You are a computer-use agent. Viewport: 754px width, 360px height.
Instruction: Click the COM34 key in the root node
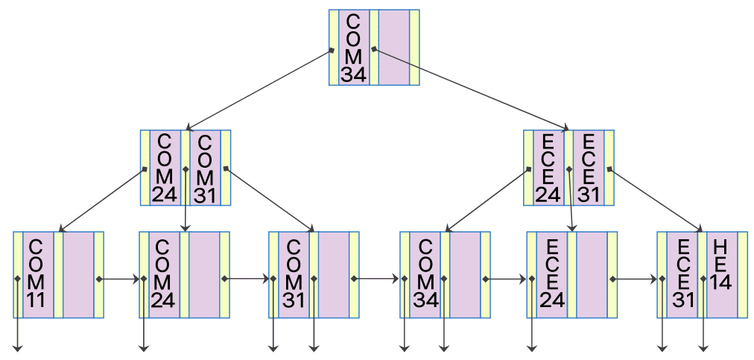pos(353,47)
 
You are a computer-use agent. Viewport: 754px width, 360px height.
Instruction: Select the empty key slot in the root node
pos(393,47)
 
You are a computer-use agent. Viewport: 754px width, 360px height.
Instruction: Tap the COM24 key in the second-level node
pos(165,168)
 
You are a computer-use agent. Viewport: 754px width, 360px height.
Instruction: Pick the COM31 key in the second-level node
pos(205,168)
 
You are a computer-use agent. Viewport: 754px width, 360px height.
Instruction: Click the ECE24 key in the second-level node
pos(548,168)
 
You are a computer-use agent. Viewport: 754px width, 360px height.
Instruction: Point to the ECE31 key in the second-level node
pos(588,168)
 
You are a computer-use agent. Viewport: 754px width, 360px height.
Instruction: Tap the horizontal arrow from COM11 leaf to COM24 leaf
pos(119,280)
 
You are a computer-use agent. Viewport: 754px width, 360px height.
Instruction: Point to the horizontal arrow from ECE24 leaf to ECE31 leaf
pos(635,280)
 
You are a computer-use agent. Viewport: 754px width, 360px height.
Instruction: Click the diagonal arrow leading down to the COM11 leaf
pos(102,200)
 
